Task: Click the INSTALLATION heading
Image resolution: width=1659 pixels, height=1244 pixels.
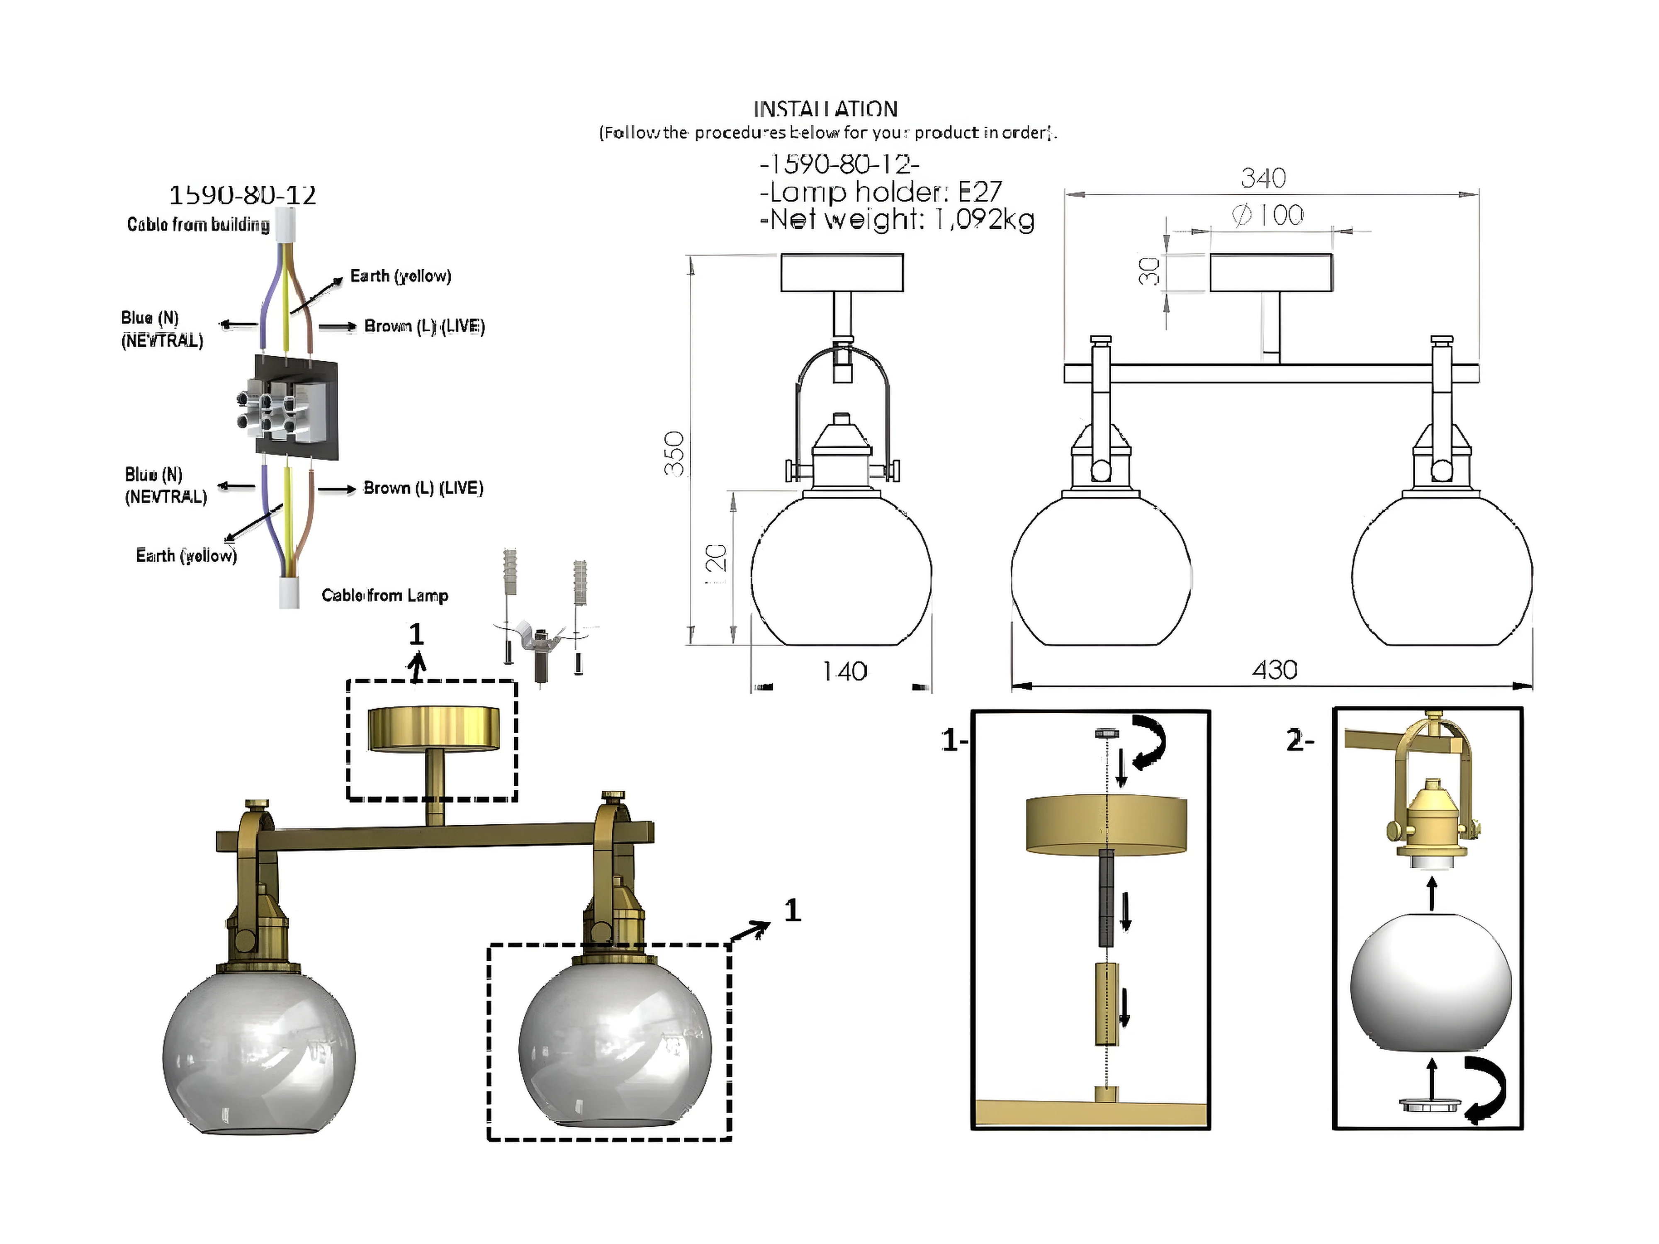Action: pos(825,109)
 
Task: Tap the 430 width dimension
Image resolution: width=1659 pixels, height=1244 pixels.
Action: pos(1274,670)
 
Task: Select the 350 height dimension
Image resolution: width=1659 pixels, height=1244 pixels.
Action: pos(674,454)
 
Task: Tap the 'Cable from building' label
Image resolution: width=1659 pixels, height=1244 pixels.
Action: pos(198,224)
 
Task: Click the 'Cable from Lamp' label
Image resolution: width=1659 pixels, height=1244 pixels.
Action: pos(385,595)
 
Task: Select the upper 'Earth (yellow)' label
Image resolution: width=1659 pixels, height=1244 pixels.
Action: pos(401,276)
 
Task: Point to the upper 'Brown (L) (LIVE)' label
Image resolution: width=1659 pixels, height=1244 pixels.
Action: pos(425,326)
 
